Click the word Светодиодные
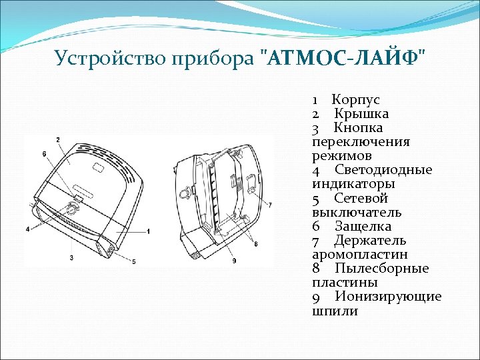pyautogui.click(x=383, y=170)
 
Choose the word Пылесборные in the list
pyautogui.click(x=382, y=269)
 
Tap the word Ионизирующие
pyautogui.click(x=388, y=297)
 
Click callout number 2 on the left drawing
pyautogui.click(x=58, y=139)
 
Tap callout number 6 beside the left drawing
pyautogui.click(x=44, y=154)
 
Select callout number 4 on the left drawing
pyautogui.click(x=27, y=229)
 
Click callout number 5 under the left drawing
pyautogui.click(x=133, y=262)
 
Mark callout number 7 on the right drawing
pyautogui.click(x=269, y=203)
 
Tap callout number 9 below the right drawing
pyautogui.click(x=234, y=260)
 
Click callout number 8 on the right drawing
pyautogui.click(x=255, y=244)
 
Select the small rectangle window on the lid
pyautogui.click(x=97, y=163)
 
